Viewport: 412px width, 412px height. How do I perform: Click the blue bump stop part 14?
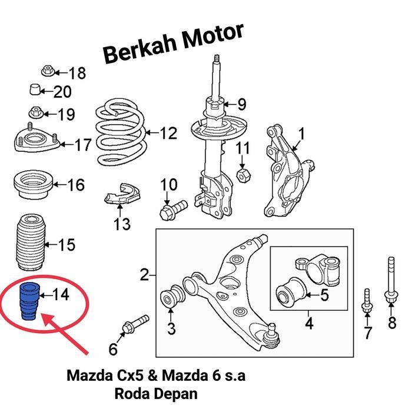coord(28,301)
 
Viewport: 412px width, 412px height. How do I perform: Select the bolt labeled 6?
coord(135,324)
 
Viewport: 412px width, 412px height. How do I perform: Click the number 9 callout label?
coord(241,105)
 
